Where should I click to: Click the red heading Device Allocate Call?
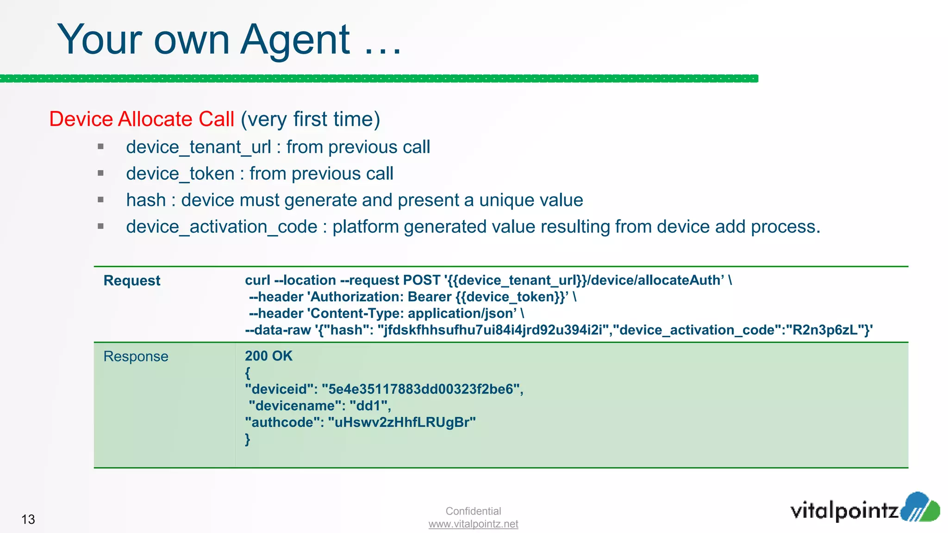[x=142, y=119]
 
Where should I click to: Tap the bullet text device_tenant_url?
[x=199, y=147]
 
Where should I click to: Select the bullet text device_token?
[x=180, y=174]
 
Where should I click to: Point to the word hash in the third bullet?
[x=146, y=200]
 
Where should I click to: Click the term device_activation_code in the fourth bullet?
[x=222, y=227]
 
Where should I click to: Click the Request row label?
[x=132, y=280]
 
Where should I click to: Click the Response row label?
[x=136, y=356]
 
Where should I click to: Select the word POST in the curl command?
[x=421, y=280]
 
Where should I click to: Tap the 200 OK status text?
[x=268, y=356]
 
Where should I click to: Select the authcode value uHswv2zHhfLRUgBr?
[x=401, y=422]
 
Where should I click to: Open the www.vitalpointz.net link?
[x=473, y=524]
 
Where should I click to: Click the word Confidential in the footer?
[x=473, y=511]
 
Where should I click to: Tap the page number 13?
[x=28, y=519]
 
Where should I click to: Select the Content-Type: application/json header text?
[x=412, y=313]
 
